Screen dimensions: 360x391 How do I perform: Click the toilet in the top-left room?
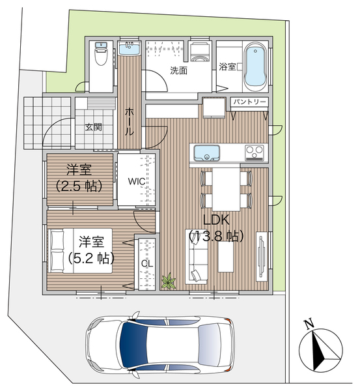coord(101,53)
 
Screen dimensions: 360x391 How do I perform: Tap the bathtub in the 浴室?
coord(255,66)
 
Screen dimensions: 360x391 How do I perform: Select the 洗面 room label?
coord(178,70)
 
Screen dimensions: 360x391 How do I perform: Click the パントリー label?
coord(249,102)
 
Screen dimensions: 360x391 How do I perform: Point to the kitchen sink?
coord(206,153)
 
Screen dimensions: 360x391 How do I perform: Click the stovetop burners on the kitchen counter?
coord(254,152)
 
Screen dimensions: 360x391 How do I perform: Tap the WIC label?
coord(136,181)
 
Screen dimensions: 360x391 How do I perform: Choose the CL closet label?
coord(147,263)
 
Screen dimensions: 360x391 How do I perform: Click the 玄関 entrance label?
coord(94,127)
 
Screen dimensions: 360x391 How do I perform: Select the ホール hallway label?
coord(129,121)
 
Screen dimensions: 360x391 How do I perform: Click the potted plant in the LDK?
coord(169,282)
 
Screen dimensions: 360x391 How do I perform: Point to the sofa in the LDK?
coord(197,257)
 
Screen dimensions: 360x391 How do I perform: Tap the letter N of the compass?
coord(309,324)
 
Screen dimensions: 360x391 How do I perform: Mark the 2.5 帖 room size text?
coord(79,186)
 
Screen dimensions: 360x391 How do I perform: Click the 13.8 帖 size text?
coord(216,236)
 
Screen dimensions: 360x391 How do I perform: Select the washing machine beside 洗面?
coord(200,51)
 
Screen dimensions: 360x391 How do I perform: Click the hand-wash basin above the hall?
coord(129,48)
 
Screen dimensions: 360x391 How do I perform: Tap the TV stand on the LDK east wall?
coord(262,257)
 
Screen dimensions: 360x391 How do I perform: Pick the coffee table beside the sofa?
coord(226,257)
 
